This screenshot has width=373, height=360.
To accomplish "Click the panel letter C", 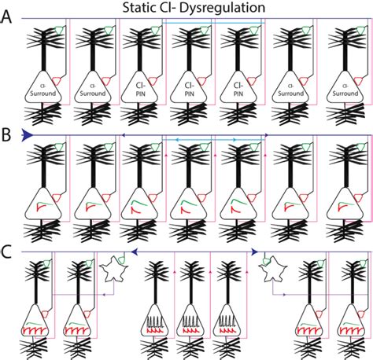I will point(7,252).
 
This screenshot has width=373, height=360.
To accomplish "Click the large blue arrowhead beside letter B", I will point(28,134).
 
